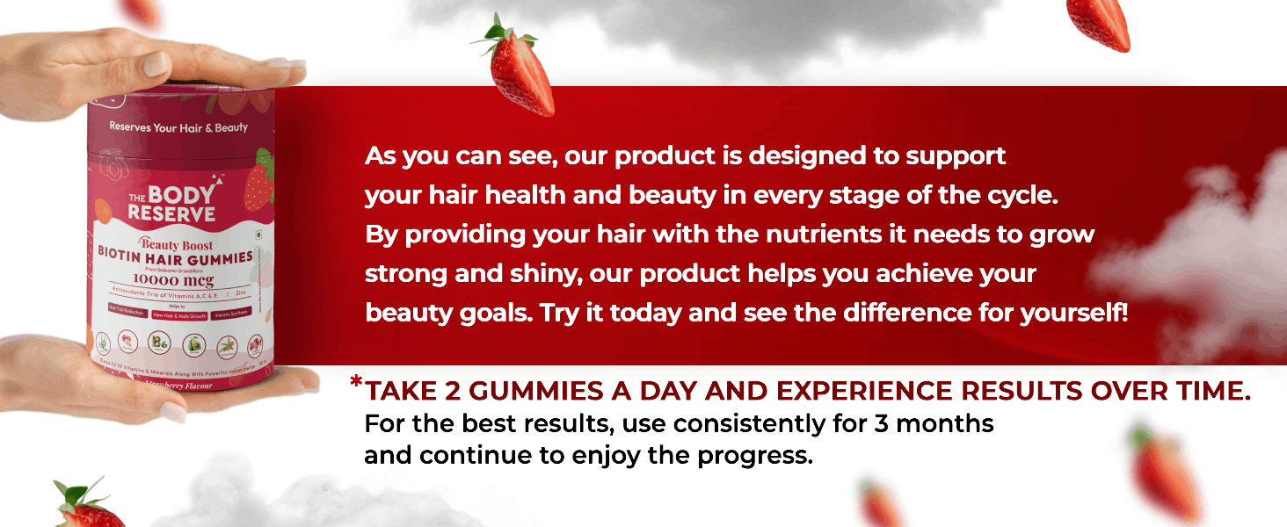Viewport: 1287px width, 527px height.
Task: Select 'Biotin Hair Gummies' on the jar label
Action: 175,258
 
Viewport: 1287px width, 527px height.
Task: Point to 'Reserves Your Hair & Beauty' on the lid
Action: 178,127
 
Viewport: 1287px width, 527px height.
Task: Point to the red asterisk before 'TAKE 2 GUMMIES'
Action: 356,383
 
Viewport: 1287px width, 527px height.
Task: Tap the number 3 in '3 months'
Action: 882,424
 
